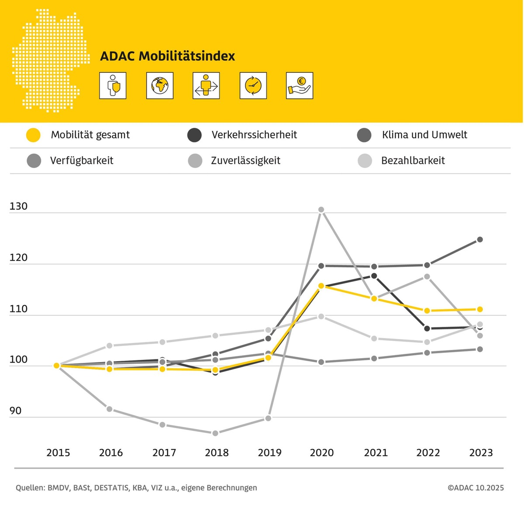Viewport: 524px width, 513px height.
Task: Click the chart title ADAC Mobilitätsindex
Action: (x=167, y=56)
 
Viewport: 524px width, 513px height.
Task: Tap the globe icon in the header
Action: (x=160, y=85)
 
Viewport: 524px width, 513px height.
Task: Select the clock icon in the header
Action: (x=253, y=85)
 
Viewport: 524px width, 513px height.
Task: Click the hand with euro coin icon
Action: (x=300, y=85)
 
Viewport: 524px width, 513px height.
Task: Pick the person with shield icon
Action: (x=113, y=85)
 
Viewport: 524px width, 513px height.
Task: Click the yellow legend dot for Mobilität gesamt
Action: (x=33, y=135)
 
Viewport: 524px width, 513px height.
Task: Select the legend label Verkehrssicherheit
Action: (x=254, y=135)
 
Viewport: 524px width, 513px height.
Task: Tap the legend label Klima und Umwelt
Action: (x=424, y=135)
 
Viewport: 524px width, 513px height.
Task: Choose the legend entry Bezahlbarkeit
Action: (x=413, y=161)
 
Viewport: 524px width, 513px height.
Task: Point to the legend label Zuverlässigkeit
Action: (x=245, y=161)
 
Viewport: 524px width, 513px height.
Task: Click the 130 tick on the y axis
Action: (x=18, y=206)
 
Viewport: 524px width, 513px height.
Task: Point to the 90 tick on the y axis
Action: (x=15, y=410)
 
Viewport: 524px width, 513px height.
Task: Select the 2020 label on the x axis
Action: (x=322, y=453)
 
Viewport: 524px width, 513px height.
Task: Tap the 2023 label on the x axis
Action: (x=481, y=453)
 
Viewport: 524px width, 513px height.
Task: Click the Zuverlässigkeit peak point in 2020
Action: (x=321, y=210)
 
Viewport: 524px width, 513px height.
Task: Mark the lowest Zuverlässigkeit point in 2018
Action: (x=215, y=433)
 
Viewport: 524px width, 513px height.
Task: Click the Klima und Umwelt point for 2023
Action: (x=480, y=239)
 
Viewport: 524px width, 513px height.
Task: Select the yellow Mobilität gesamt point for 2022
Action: (x=427, y=311)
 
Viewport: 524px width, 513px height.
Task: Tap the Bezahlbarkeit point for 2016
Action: (x=110, y=346)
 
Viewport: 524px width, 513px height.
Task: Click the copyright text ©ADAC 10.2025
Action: (x=475, y=488)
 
